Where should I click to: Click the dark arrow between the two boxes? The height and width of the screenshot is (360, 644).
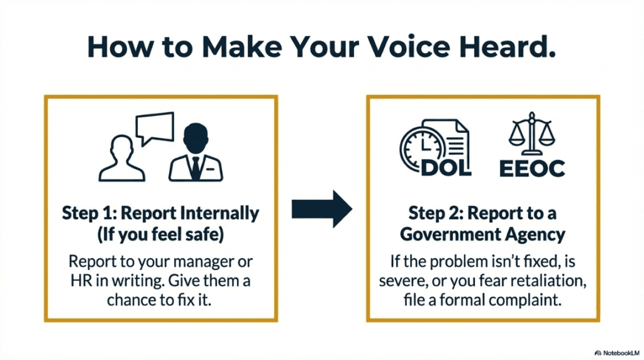pos(322,208)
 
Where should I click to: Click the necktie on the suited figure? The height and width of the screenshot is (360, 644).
pos(195,167)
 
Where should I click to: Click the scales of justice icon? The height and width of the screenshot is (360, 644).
pos(531,135)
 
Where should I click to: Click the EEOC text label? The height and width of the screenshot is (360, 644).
pos(532,168)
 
